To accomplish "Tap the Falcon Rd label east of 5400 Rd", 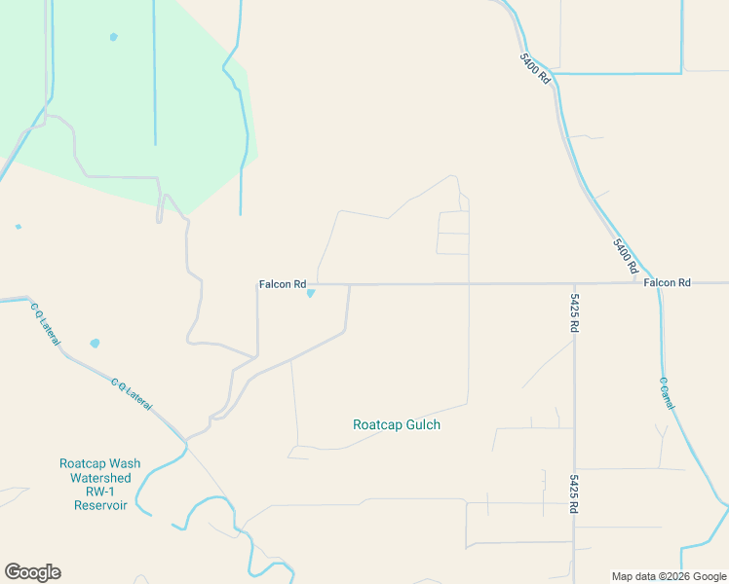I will point(667,282).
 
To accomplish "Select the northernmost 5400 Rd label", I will point(536,67).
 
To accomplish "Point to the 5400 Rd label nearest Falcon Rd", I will point(626,255).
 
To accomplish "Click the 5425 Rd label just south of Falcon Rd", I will point(575,314).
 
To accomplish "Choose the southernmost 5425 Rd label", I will point(575,493).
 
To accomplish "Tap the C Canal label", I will point(667,392).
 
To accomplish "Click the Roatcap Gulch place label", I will point(396,425).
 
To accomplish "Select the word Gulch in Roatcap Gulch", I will point(421,425).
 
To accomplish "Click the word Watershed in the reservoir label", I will point(100,478).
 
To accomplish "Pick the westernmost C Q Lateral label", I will point(45,325).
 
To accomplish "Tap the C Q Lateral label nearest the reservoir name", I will point(131,393).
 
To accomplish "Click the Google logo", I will point(32,572).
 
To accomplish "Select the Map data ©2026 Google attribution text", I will point(669,576).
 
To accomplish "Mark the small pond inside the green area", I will point(113,37).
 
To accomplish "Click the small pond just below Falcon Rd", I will point(311,293).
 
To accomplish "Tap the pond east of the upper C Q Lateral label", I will point(95,343).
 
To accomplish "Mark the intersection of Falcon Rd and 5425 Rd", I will point(574,283).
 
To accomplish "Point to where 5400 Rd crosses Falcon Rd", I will point(647,282).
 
